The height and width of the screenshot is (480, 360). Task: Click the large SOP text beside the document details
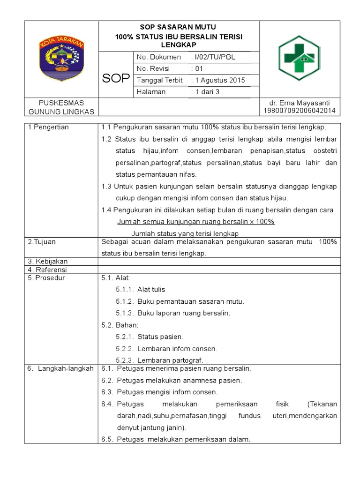116,78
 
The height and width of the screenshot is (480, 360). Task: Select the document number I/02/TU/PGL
213,57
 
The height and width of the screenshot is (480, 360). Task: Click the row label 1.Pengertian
48,127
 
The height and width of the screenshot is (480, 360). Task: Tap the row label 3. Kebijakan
47,261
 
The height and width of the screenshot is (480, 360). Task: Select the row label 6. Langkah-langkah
60,368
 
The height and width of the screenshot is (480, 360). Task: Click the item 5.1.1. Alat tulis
141,290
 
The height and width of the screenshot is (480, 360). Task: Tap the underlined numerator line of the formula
195,222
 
